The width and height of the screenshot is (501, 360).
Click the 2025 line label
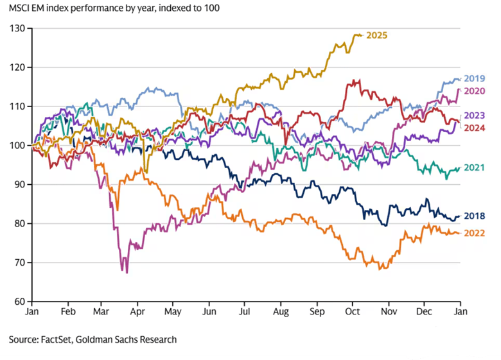[x=376, y=35]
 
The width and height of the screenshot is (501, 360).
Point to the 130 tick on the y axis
[x=17, y=28]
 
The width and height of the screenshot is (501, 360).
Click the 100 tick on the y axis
[x=17, y=146]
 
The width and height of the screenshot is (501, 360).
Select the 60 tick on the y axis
[x=19, y=302]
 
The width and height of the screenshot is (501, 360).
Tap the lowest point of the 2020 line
[x=127, y=273]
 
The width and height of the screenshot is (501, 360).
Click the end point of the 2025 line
[x=361, y=35]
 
